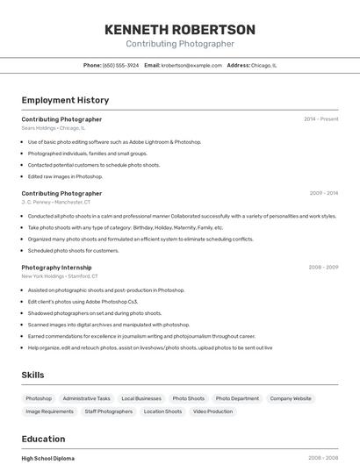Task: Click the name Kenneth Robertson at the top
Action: tap(180, 30)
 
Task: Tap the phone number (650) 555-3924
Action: tap(120, 65)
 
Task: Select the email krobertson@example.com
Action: tap(191, 65)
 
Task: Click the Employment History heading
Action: tap(65, 100)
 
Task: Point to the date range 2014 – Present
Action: tap(320, 119)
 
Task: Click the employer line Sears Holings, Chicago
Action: tap(54, 128)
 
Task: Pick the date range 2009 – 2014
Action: tap(323, 193)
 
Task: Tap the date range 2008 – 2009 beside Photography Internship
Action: tap(323, 267)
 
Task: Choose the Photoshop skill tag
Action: tap(39, 398)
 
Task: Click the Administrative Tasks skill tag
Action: tap(86, 398)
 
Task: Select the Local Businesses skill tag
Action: tap(141, 398)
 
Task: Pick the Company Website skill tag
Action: tap(291, 398)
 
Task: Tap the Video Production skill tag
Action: tap(213, 411)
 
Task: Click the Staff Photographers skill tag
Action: tap(109, 411)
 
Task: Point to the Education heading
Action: tap(43, 439)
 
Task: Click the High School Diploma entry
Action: tap(48, 458)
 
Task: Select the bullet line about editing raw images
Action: tap(65, 176)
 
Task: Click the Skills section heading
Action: tap(32, 375)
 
